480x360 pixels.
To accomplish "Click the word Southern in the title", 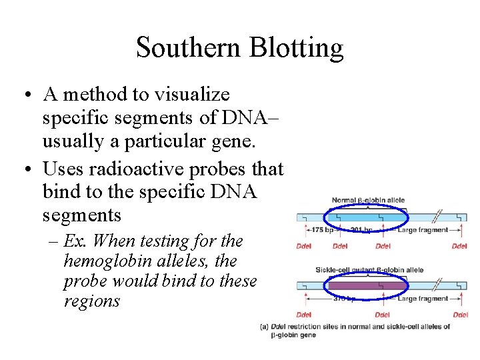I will (x=187, y=47).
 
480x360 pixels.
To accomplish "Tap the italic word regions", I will (x=92, y=301).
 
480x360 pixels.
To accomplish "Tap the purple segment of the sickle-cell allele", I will (x=367, y=285).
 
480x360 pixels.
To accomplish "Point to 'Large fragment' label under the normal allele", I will (x=423, y=231).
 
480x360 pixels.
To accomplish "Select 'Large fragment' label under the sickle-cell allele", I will (x=423, y=299).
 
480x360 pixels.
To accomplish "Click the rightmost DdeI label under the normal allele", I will (x=459, y=246).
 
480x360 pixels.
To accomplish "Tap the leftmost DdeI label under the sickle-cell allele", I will (x=304, y=314).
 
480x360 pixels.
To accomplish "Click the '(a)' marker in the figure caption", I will (x=264, y=327).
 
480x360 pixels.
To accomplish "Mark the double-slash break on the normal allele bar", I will (x=439, y=217).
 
